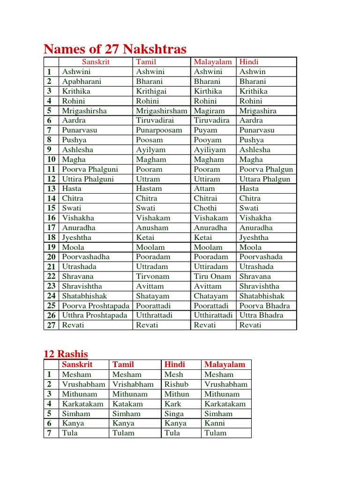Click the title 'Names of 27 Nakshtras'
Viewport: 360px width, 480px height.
pyautogui.click(x=115, y=49)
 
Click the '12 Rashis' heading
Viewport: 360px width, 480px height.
pyautogui.click(x=66, y=353)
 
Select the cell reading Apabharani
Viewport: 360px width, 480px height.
pyautogui.click(x=82, y=82)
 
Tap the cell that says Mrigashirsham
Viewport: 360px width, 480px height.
pyautogui.click(x=161, y=111)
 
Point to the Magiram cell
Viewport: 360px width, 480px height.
pyautogui.click(x=209, y=111)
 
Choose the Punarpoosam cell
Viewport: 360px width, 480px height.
pyautogui.click(x=159, y=130)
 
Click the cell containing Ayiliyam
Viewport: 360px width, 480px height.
pyautogui.click(x=210, y=150)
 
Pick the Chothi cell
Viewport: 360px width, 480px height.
pyautogui.click(x=205, y=208)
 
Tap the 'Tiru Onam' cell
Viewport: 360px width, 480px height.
pyautogui.click(x=212, y=277)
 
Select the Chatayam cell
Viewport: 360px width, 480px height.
pyautogui.click(x=211, y=296)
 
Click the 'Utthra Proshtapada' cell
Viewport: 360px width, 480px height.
pyautogui.click(x=95, y=315)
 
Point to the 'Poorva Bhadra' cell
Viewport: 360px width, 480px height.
pyautogui.click(x=264, y=306)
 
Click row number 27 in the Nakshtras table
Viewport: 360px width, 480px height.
pyautogui.click(x=51, y=325)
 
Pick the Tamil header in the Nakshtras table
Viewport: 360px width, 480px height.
pyautogui.click(x=146, y=62)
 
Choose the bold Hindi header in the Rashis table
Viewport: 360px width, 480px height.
pyautogui.click(x=174, y=364)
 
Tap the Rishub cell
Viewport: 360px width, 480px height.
pyautogui.click(x=176, y=384)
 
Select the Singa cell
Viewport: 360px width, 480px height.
pyautogui.click(x=174, y=413)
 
